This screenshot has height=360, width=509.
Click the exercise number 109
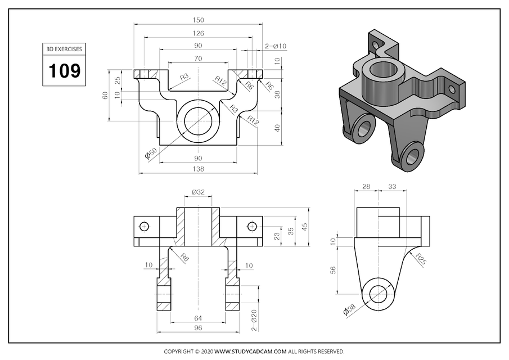[64, 71]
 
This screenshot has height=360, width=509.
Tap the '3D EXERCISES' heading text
[64, 49]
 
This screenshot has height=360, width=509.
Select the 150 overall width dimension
[198, 20]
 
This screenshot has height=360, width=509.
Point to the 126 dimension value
[198, 33]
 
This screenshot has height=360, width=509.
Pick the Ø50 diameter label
[150, 154]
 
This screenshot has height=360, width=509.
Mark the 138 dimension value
[198, 169]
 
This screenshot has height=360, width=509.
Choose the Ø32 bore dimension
[198, 192]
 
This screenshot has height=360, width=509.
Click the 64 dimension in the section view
[198, 318]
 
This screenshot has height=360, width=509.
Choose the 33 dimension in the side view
[393, 187]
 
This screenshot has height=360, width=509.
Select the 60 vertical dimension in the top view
[105, 96]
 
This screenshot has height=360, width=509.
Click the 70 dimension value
[198, 58]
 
